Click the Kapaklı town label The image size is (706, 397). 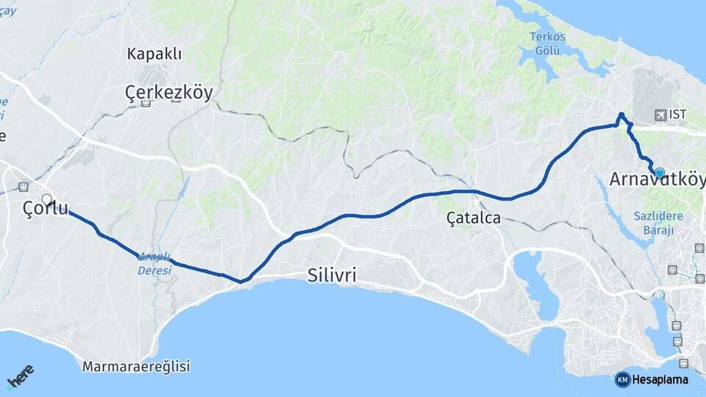point(154,54)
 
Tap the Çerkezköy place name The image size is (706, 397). point(168,92)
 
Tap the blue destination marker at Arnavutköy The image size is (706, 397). point(660,173)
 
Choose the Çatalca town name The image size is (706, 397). point(474,218)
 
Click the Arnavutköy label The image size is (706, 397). point(657,179)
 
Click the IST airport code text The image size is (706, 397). point(677,115)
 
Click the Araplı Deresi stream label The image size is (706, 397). point(154,263)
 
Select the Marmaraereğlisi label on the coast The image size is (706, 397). point(136,366)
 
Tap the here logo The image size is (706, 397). point(20,377)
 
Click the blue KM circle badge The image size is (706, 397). point(623,379)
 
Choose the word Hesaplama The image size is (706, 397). point(660,379)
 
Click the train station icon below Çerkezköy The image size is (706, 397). point(146,104)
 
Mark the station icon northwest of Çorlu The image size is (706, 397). point(23,187)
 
